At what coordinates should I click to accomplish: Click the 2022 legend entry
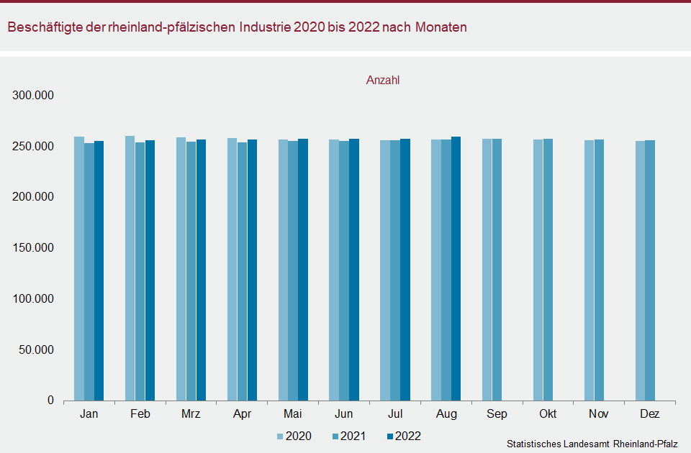403,436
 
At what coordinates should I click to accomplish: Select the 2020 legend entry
294,436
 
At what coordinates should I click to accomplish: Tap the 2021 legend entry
348,436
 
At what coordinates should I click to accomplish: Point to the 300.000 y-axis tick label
34,96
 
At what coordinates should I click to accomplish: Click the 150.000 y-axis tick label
34,248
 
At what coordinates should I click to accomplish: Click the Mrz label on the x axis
191,414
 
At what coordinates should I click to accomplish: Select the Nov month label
600,414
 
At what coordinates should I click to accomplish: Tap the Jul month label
395,414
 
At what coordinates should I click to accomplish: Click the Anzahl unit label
383,81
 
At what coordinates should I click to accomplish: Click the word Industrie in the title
264,27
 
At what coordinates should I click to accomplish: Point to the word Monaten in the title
441,27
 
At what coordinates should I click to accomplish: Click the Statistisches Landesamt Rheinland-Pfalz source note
592,444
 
